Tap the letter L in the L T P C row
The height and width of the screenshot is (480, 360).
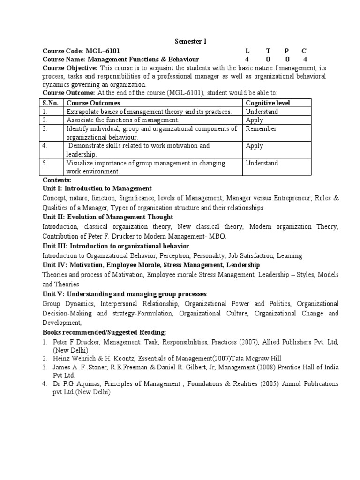247,51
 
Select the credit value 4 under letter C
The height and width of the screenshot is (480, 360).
305,60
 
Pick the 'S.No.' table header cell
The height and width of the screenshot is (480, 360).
50,103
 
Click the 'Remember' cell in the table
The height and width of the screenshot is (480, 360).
261,129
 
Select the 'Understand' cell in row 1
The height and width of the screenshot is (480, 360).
262,112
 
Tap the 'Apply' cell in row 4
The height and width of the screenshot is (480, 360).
255,146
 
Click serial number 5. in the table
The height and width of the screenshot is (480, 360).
45,163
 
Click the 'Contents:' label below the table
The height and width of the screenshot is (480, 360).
57,180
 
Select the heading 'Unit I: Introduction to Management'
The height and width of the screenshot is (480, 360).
97,188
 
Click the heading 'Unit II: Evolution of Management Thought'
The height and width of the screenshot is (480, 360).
108,217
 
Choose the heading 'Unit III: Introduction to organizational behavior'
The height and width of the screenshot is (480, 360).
116,246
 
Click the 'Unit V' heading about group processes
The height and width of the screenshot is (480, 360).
124,294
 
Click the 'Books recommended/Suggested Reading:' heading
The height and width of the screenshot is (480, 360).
105,332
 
